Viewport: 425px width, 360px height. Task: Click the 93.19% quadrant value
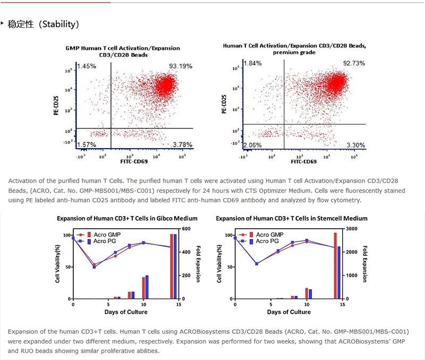[x=181, y=66]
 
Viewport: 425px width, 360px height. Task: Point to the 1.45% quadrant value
[x=86, y=66]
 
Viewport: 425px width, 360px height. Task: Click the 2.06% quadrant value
[x=253, y=145]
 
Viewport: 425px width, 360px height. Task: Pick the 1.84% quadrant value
[x=252, y=64]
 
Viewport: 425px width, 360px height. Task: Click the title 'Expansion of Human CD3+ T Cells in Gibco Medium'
[x=127, y=218]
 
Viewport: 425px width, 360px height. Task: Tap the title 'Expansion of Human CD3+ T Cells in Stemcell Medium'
[x=292, y=218]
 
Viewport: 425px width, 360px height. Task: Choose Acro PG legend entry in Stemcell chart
[x=266, y=241]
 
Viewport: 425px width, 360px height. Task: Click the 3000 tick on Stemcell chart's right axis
[x=353, y=229]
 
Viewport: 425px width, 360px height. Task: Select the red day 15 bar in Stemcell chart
[x=335, y=265]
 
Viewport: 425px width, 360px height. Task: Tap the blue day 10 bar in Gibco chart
[x=147, y=287]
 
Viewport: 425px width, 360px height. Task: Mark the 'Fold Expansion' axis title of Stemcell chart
[x=365, y=263]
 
